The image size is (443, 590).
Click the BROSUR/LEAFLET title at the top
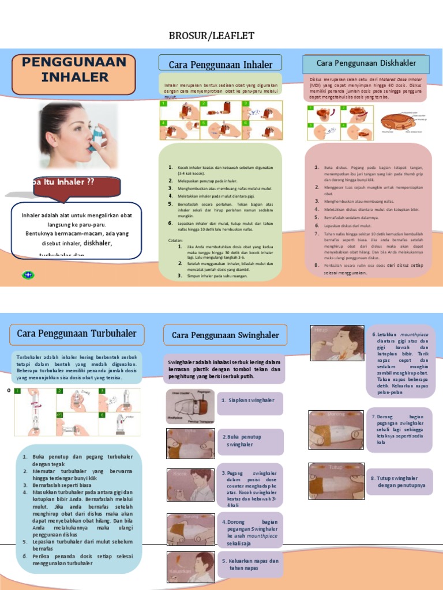coord(211,36)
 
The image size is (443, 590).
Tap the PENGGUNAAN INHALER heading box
coord(74,70)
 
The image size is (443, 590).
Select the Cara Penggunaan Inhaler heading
coord(219,64)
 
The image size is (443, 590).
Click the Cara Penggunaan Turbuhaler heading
coord(77,334)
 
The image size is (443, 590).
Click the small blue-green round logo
coord(28,275)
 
